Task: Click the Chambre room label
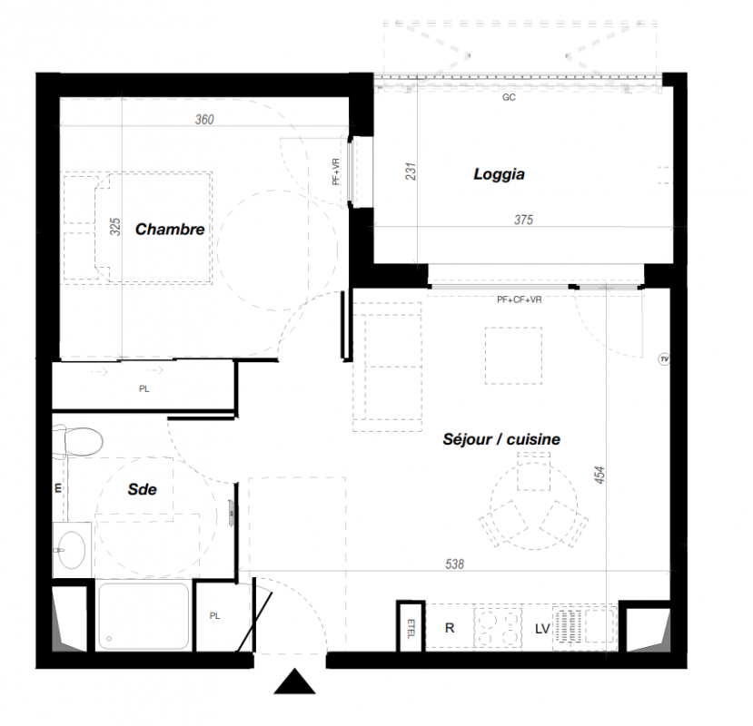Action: (170, 230)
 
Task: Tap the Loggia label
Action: (499, 174)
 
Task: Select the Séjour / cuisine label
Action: (501, 439)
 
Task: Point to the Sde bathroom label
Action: (142, 489)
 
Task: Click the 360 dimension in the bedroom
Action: (204, 120)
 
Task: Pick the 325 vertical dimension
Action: (115, 227)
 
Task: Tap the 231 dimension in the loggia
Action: (411, 172)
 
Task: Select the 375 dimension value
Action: (523, 220)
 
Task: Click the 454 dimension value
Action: (599, 475)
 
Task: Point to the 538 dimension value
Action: (454, 564)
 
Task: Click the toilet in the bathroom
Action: (78, 441)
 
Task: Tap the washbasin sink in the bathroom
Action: (72, 549)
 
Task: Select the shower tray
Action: (144, 615)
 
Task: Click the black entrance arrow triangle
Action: (294, 682)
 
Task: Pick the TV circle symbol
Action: (664, 359)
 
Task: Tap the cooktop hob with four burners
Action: (498, 627)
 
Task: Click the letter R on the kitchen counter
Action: (450, 628)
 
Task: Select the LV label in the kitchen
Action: (542, 629)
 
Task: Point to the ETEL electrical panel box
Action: (411, 627)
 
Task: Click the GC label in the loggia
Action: (509, 97)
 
